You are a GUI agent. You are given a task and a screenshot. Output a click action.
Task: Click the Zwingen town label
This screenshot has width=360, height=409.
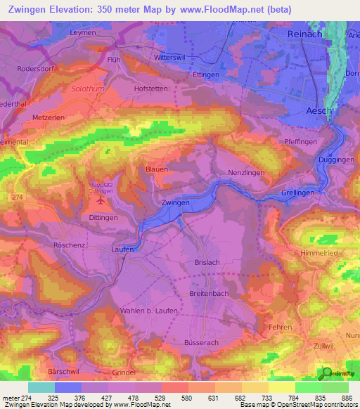pos(175,202)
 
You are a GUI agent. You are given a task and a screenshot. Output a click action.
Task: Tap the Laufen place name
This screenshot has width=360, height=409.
pos(122,249)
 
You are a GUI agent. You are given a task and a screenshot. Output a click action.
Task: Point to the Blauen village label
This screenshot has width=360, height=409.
pos(156,170)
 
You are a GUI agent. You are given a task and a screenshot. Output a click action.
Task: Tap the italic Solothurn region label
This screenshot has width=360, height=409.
pos(87,89)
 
